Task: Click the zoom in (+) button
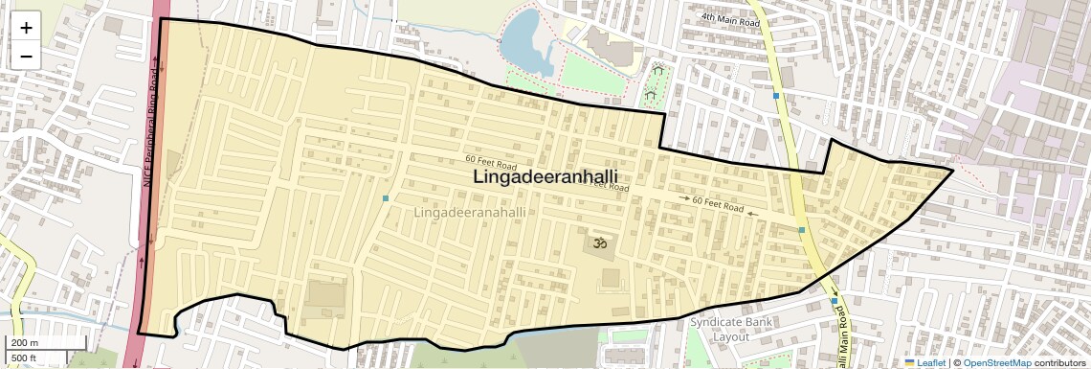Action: pyautogui.click(x=26, y=28)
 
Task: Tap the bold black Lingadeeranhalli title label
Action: pyautogui.click(x=545, y=178)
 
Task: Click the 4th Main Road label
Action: pyautogui.click(x=728, y=17)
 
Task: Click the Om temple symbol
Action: pyautogui.click(x=602, y=244)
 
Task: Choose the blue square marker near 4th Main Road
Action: pyautogui.click(x=776, y=96)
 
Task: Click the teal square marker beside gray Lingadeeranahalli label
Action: pyautogui.click(x=386, y=198)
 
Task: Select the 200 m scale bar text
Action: pyautogui.click(x=25, y=343)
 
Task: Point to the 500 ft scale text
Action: pyautogui.click(x=25, y=358)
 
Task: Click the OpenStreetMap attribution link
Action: pyautogui.click(x=996, y=362)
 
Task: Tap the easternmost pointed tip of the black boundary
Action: pyautogui.click(x=952, y=171)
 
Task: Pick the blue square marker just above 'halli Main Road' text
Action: pyautogui.click(x=835, y=301)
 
